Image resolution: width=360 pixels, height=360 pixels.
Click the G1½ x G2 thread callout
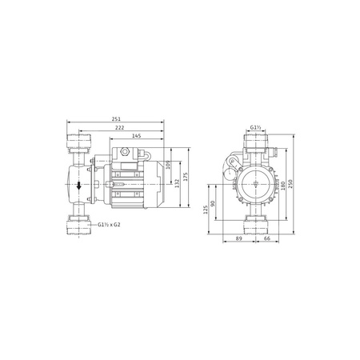[111, 226]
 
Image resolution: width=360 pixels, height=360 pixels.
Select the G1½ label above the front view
[256, 127]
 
